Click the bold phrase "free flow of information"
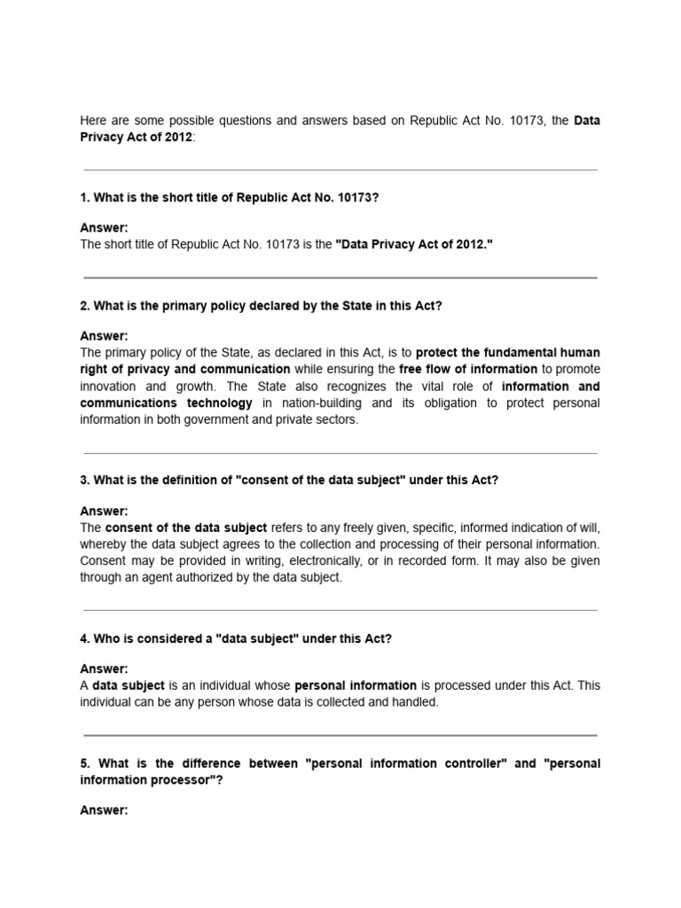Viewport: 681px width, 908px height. click(x=468, y=369)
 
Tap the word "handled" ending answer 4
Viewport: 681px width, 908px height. click(x=416, y=702)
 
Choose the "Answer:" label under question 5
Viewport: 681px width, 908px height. click(x=105, y=810)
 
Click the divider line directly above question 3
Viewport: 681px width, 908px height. click(x=340, y=454)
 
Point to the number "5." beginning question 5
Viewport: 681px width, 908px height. click(x=86, y=763)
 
